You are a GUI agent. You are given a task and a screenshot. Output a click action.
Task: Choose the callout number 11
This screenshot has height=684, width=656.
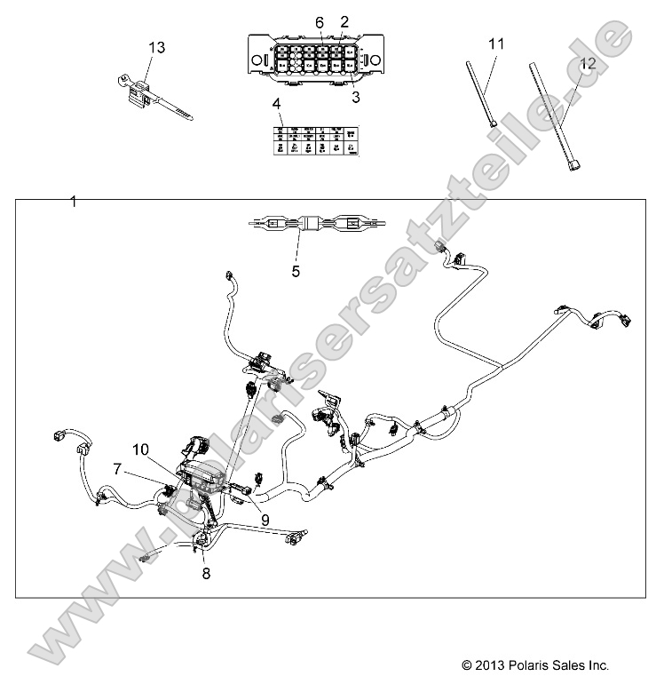[x=496, y=42]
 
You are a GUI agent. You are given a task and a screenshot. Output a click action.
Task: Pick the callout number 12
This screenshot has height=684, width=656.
[x=587, y=62]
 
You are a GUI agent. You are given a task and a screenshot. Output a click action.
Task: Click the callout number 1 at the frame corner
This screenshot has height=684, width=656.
[x=74, y=202]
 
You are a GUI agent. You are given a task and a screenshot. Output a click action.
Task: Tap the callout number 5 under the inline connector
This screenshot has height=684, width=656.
[x=296, y=272]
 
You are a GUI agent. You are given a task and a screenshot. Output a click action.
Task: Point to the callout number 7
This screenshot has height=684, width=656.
[x=117, y=466]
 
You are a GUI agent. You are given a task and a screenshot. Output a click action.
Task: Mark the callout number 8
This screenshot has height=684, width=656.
[x=206, y=574]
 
